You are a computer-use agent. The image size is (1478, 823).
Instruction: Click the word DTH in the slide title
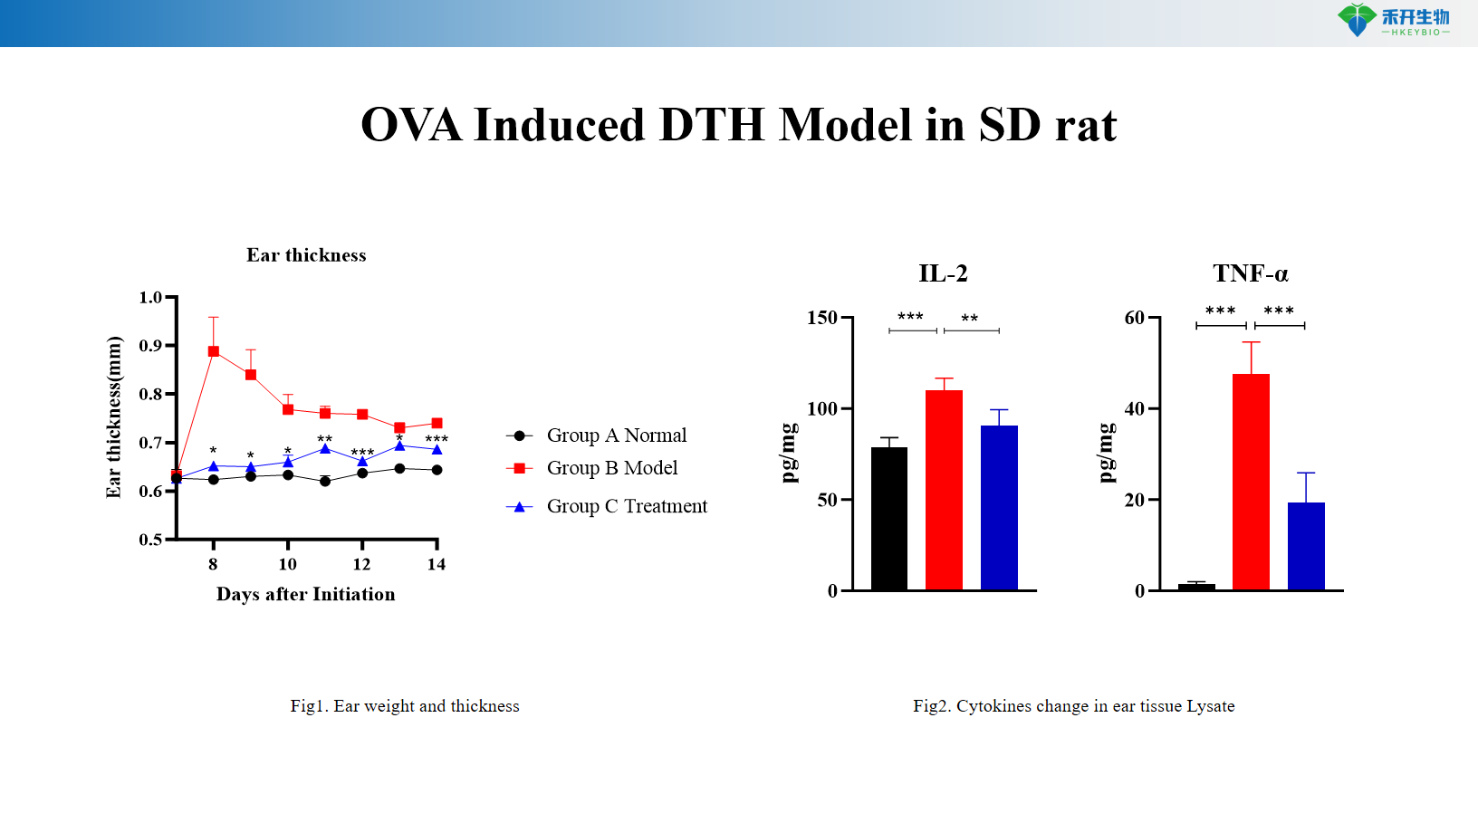711,125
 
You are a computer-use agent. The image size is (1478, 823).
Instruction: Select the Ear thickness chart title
306,255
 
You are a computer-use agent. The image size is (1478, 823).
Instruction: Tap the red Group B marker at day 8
214,351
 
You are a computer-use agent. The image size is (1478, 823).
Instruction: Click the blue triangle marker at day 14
437,449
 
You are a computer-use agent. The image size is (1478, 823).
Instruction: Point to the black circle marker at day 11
325,481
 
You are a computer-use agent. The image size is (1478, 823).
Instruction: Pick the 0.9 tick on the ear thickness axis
150,346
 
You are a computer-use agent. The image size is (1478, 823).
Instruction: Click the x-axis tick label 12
361,565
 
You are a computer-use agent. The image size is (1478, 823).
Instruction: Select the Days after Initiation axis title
305,595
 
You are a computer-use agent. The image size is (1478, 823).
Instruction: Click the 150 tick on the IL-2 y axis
822,318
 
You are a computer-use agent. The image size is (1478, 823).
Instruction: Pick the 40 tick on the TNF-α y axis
1134,409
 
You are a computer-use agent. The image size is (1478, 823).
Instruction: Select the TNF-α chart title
1251,273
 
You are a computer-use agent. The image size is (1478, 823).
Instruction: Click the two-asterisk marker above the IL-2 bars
970,319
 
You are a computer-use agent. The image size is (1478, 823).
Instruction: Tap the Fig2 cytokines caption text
1073,706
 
